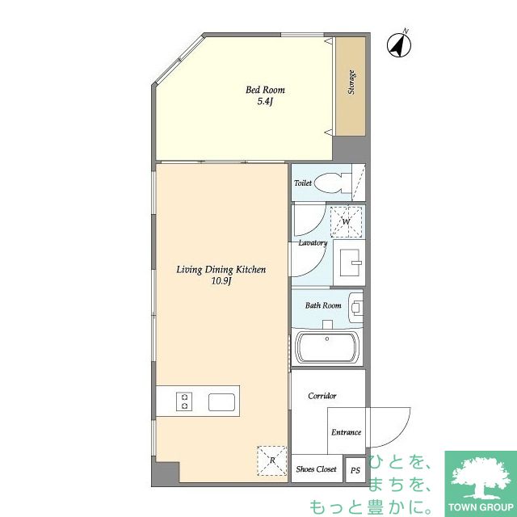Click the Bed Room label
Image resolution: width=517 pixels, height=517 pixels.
(265, 90)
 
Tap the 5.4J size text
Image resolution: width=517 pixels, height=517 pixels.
(265, 101)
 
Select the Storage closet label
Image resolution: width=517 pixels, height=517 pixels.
(351, 82)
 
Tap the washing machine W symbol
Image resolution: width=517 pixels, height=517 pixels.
(347, 221)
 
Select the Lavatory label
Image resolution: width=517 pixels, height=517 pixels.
(313, 243)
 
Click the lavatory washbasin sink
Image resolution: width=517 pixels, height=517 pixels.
(350, 263)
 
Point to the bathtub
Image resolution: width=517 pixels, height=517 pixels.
(327, 347)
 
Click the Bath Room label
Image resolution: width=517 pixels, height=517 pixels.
(323, 305)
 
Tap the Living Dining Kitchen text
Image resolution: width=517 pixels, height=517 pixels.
(221, 270)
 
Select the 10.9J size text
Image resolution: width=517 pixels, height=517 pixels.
(221, 281)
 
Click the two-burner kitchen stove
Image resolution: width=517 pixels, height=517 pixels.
(184, 401)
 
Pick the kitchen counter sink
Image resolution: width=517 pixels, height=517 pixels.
(221, 402)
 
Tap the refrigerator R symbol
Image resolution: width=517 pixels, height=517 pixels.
(272, 460)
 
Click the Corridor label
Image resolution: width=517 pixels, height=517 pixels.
(322, 396)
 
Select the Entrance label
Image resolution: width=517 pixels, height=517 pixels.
(347, 432)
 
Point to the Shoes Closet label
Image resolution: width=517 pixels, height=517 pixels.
(316, 469)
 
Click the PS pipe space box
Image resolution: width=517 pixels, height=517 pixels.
(355, 470)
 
